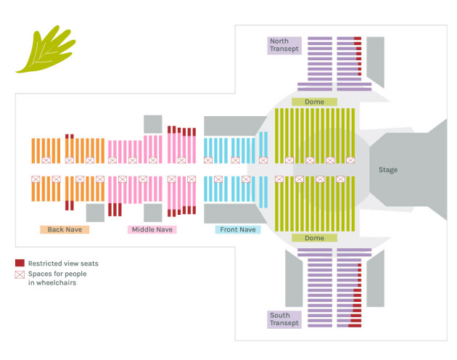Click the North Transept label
point(284,45)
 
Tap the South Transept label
point(284,319)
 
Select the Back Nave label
point(65,229)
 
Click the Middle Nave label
point(152,229)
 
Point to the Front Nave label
point(238,229)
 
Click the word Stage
point(388,170)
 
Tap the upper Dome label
point(315,102)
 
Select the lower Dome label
point(315,238)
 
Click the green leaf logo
point(46,49)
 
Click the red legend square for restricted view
point(20,263)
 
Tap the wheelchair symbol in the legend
point(20,274)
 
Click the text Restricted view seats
point(63,263)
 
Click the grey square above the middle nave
point(153,124)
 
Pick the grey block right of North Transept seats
point(376,62)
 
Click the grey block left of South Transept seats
point(294,279)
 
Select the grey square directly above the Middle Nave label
point(153,213)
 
